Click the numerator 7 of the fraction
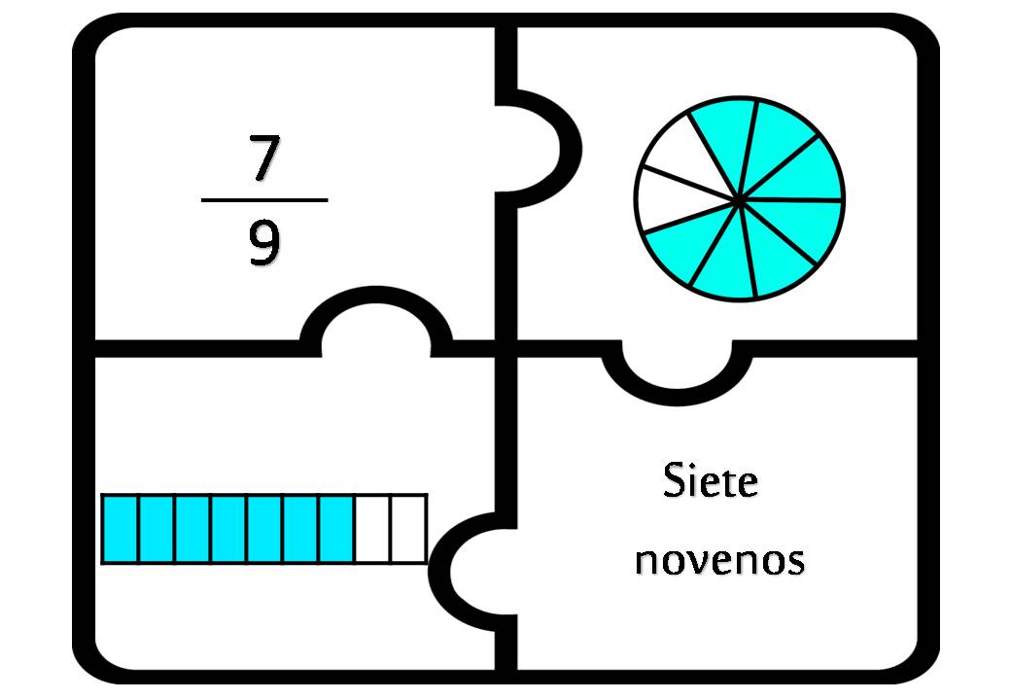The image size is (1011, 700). (264, 157)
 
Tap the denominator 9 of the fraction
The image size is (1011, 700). (264, 242)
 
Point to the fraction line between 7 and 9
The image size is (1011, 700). (264, 200)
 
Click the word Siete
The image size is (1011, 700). (711, 480)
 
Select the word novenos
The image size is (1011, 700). (720, 560)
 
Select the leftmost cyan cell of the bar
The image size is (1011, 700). (120, 529)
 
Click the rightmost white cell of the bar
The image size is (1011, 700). (408, 529)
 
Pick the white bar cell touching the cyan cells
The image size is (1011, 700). (372, 529)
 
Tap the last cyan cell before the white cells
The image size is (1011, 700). (336, 529)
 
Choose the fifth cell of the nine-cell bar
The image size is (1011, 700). (264, 529)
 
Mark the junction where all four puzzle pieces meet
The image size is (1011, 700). (506, 349)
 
